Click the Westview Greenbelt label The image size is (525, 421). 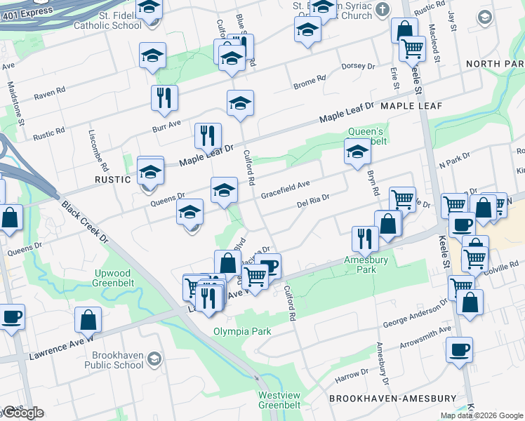coord(279,400)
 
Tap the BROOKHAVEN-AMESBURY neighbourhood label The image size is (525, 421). coord(393,399)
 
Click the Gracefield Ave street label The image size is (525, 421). coord(286,189)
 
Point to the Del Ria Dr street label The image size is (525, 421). coord(313,202)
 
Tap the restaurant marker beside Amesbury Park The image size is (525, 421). coord(365,239)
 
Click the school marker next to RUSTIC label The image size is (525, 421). coord(150,171)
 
